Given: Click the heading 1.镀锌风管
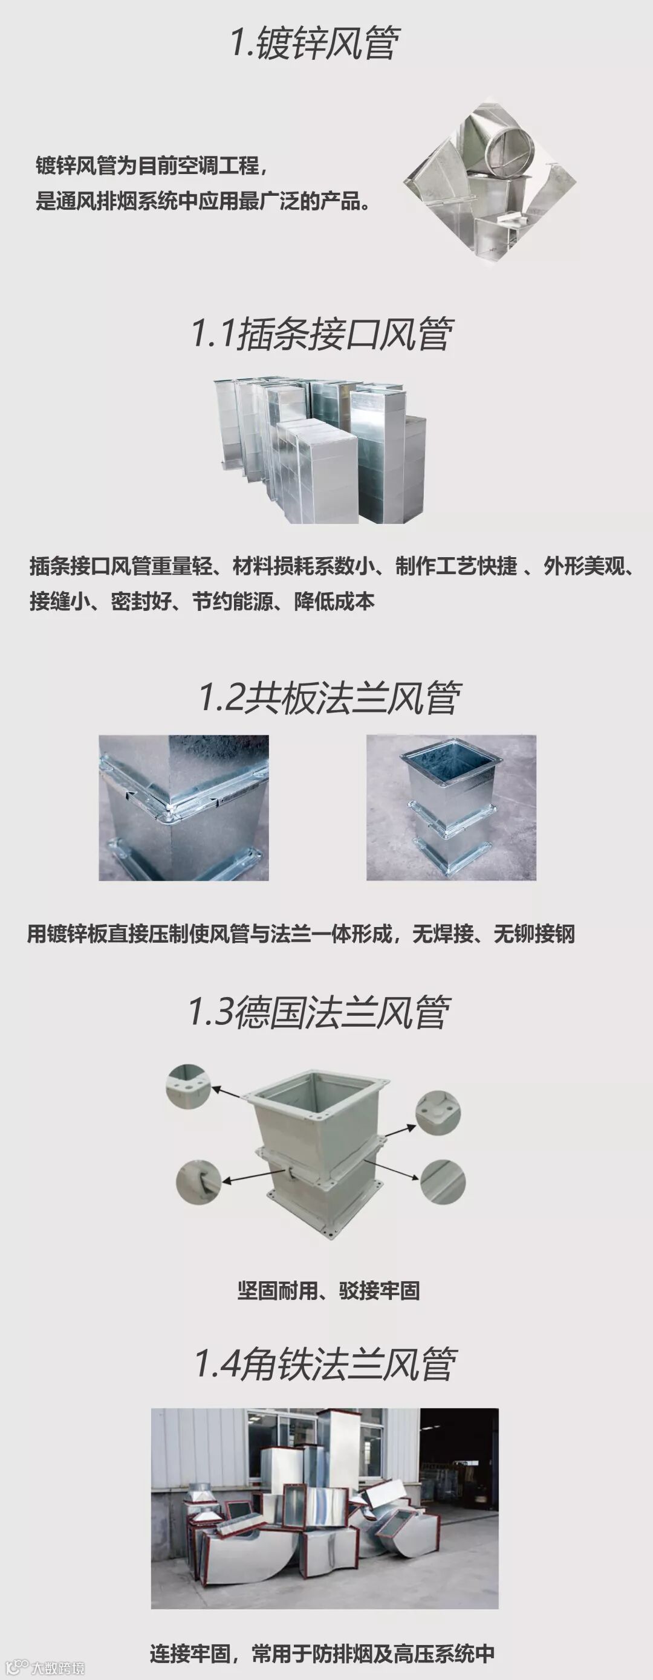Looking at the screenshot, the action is pos(315,43).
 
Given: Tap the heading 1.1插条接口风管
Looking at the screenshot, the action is pos(322,334).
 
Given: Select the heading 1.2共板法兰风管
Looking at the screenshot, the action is pos(330,697).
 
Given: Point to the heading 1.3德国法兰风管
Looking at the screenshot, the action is pos(319,1012).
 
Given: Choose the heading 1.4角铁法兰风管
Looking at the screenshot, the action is pos(325,1365).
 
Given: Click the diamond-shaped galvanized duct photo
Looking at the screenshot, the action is pos(490,182).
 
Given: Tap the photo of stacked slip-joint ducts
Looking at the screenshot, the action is pos(320,450).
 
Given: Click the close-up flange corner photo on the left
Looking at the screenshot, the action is pos(183,807).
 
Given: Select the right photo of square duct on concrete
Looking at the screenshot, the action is pos(451,807).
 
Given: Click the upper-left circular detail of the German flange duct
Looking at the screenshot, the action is pos(188,1086).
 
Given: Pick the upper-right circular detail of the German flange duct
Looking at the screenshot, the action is pos(438,1113).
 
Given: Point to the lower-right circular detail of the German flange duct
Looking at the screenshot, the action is pos(443,1181).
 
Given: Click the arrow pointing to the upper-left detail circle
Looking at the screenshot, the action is pos(229,1094).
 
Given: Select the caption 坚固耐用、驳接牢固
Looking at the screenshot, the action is pos(328,1290).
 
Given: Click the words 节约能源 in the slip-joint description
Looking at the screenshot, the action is pos(232,601).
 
